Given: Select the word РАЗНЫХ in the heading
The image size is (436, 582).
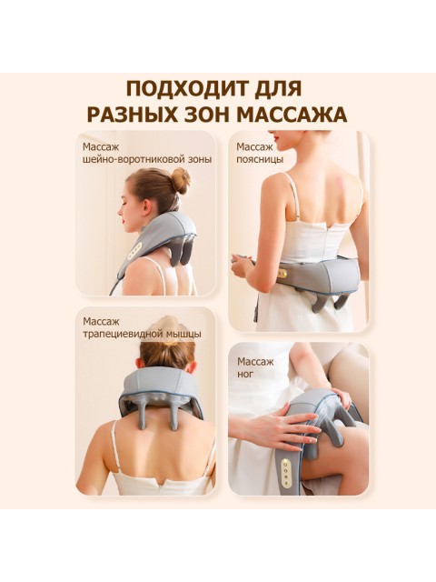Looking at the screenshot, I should point(133,115).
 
